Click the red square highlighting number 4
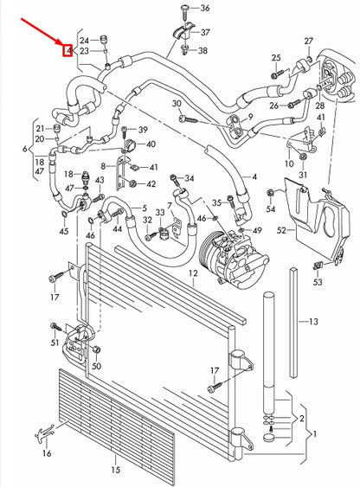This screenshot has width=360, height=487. pyautogui.click(x=67, y=51)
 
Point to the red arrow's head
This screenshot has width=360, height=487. pyautogui.click(x=63, y=44)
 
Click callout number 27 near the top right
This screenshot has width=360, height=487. pyautogui.click(x=309, y=41)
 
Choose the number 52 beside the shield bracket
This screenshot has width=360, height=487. pyautogui.click(x=280, y=230)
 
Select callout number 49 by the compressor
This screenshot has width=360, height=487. pyautogui.click(x=256, y=229)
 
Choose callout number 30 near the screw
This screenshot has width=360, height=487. pyautogui.click(x=177, y=104)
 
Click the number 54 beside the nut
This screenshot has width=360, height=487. pyautogui.click(x=271, y=208)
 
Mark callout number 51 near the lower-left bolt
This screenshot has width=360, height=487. pyautogui.click(x=55, y=343)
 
